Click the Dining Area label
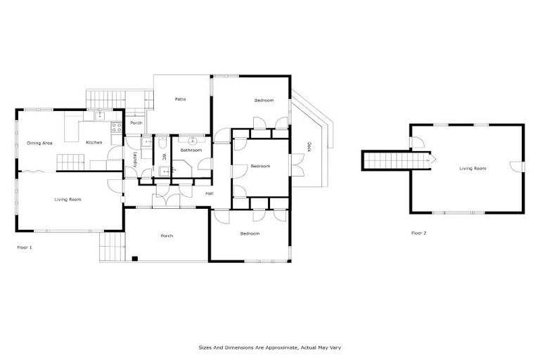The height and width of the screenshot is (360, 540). point(39,143)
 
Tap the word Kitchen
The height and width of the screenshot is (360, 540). point(94,143)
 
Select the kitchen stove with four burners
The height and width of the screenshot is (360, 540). point(116,128)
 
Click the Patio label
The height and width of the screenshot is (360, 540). point(180,100)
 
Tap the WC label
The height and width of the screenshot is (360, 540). point(165,157)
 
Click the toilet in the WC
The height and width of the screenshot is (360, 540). point(161,140)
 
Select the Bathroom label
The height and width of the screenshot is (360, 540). point(191,150)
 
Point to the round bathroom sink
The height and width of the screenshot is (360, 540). point(192,140)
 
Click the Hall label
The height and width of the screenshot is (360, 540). point(210,193)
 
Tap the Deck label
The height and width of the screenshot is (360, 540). point(308,147)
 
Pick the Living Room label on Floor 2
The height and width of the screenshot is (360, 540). point(472,168)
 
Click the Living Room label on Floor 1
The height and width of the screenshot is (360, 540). point(68,200)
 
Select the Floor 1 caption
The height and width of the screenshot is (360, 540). point(25,247)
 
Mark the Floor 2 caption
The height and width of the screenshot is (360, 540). point(419,233)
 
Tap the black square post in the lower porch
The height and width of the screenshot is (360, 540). point(134,259)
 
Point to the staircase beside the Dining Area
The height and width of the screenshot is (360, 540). point(70,162)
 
